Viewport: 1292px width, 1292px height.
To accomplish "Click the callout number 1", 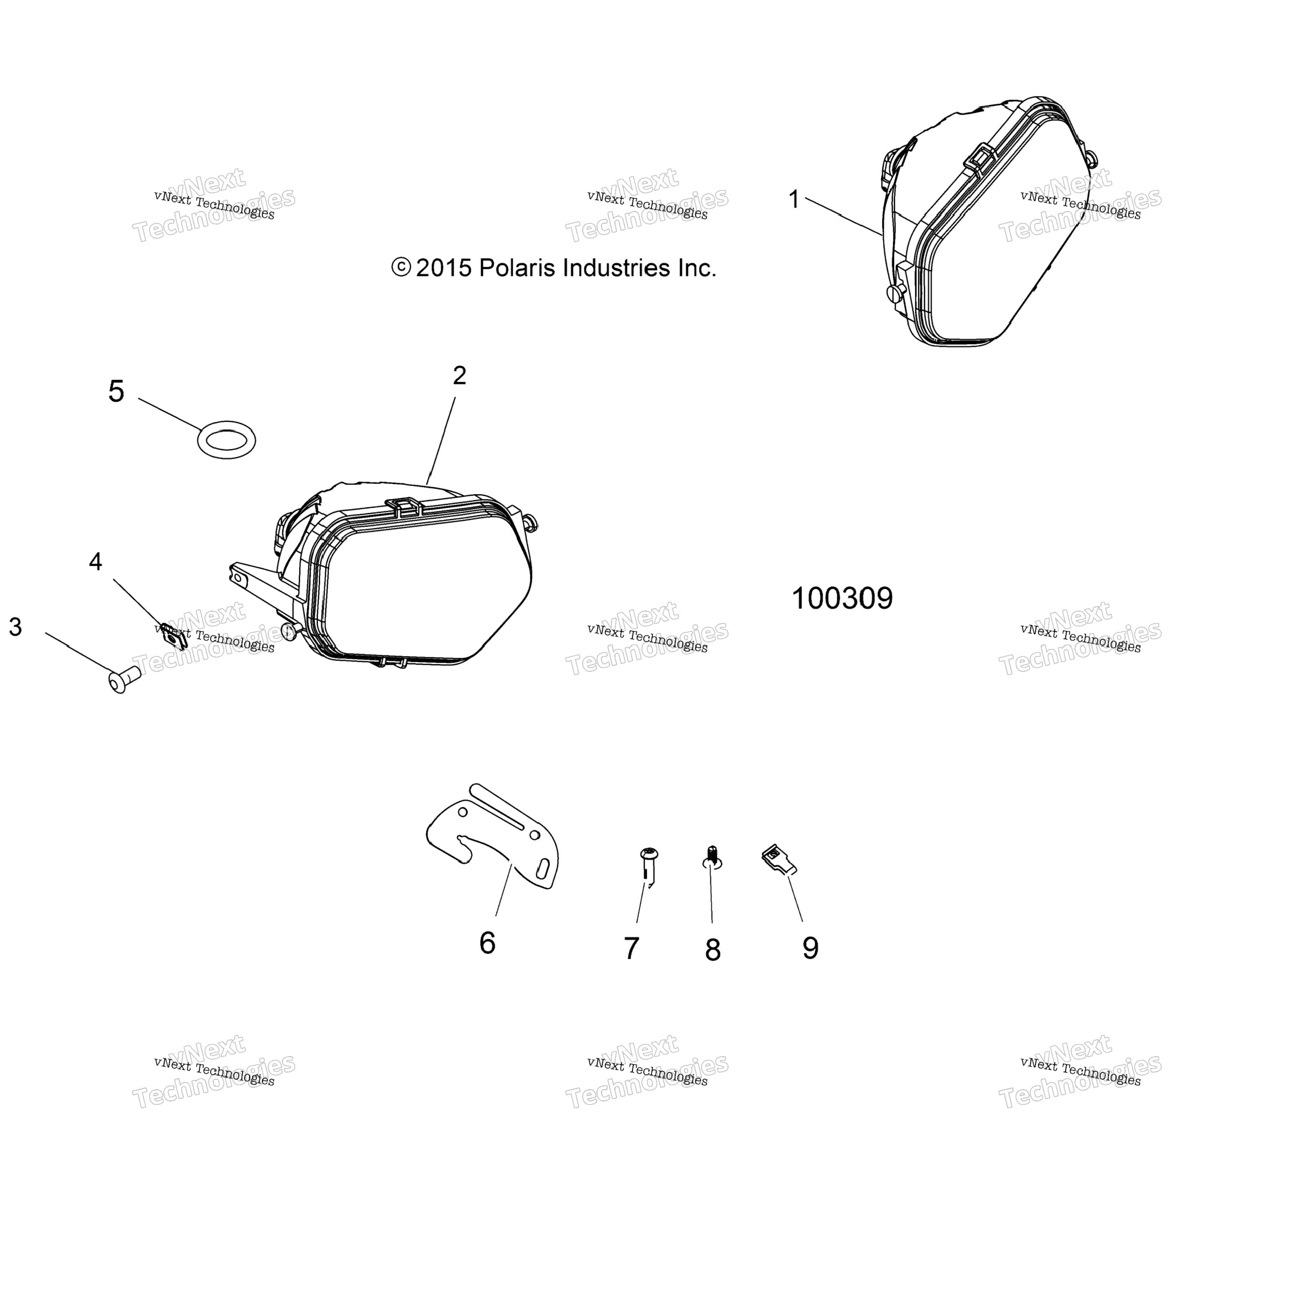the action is [x=794, y=199].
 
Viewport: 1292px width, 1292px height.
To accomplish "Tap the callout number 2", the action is [x=459, y=376].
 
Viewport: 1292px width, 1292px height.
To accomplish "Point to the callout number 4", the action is [x=96, y=562].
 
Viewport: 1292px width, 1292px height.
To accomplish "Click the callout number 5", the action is [x=117, y=392].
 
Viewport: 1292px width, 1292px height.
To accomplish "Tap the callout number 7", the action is [x=631, y=948].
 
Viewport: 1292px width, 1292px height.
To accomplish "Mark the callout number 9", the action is [x=811, y=948].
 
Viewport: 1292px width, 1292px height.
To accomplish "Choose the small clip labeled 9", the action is [x=779, y=859].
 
